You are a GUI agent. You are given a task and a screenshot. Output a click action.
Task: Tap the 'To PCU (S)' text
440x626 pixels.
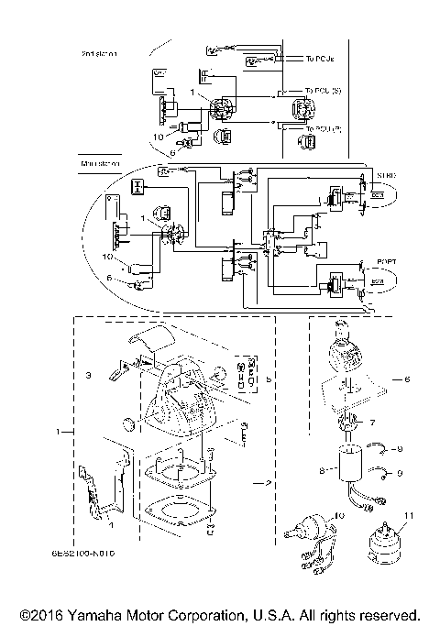click(321, 92)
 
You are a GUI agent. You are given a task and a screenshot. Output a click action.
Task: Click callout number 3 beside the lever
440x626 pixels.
click(89, 377)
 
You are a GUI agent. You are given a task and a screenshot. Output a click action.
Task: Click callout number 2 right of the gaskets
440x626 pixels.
click(267, 481)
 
